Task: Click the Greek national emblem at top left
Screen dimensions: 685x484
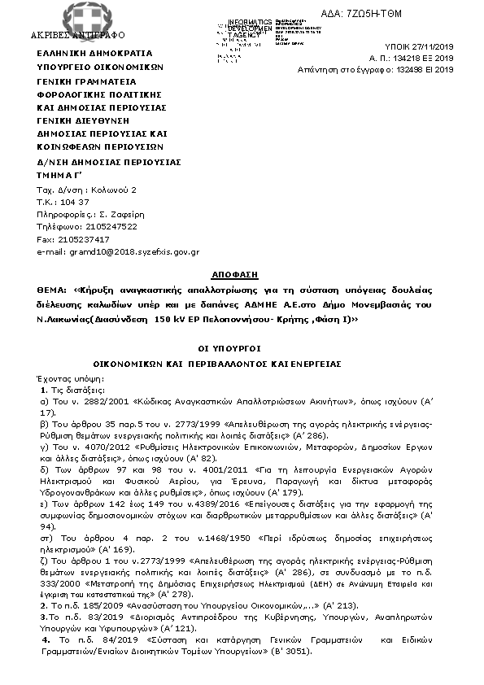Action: click(x=76, y=16)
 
